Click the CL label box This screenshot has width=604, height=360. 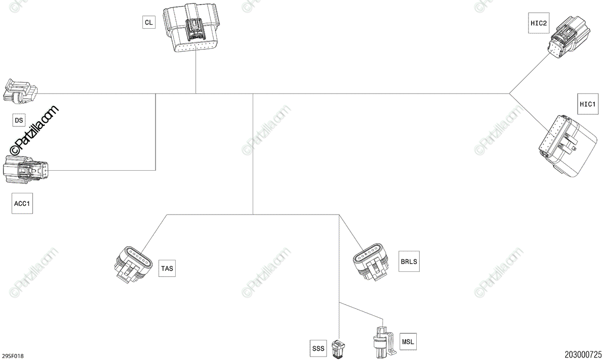pyautogui.click(x=148, y=22)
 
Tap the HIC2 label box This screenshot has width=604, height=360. pyautogui.click(x=538, y=23)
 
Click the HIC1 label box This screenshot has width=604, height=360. pyautogui.click(x=587, y=105)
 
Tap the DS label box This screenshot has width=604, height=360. pyautogui.click(x=19, y=120)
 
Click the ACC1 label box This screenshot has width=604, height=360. pyautogui.click(x=22, y=203)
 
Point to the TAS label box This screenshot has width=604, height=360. pyautogui.click(x=167, y=268)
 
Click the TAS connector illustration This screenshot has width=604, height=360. pyautogui.click(x=133, y=263)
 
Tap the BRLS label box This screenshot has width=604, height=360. pyautogui.click(x=408, y=261)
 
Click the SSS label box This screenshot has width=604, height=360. pyautogui.click(x=319, y=347)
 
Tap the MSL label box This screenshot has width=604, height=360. pyautogui.click(x=408, y=341)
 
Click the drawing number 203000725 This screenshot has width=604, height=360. pyautogui.click(x=583, y=355)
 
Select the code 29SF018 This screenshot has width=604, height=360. pyautogui.click(x=13, y=356)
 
